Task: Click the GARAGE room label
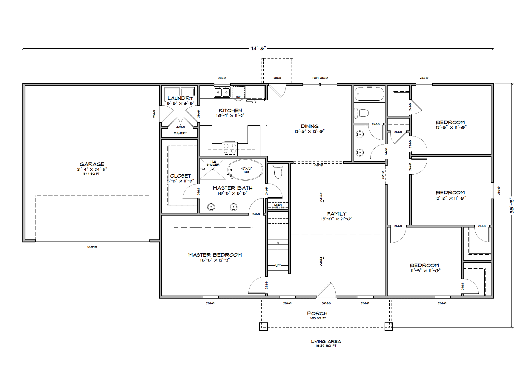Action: [92, 164]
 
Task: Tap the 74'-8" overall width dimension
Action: [258, 48]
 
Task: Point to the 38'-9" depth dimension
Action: [512, 206]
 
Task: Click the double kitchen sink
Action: [222, 92]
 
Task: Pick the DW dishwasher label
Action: [238, 97]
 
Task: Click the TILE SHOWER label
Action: [213, 163]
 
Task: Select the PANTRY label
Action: [180, 133]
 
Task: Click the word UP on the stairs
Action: [278, 265]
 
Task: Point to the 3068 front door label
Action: [326, 303]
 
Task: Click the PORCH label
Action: [317, 313]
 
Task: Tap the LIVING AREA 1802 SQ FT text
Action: [326, 343]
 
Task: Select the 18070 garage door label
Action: [92, 247]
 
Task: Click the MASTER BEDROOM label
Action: [215, 255]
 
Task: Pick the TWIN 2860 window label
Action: [320, 78]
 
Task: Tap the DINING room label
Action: [309, 126]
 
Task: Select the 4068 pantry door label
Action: [180, 127]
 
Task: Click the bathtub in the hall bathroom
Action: [369, 94]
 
